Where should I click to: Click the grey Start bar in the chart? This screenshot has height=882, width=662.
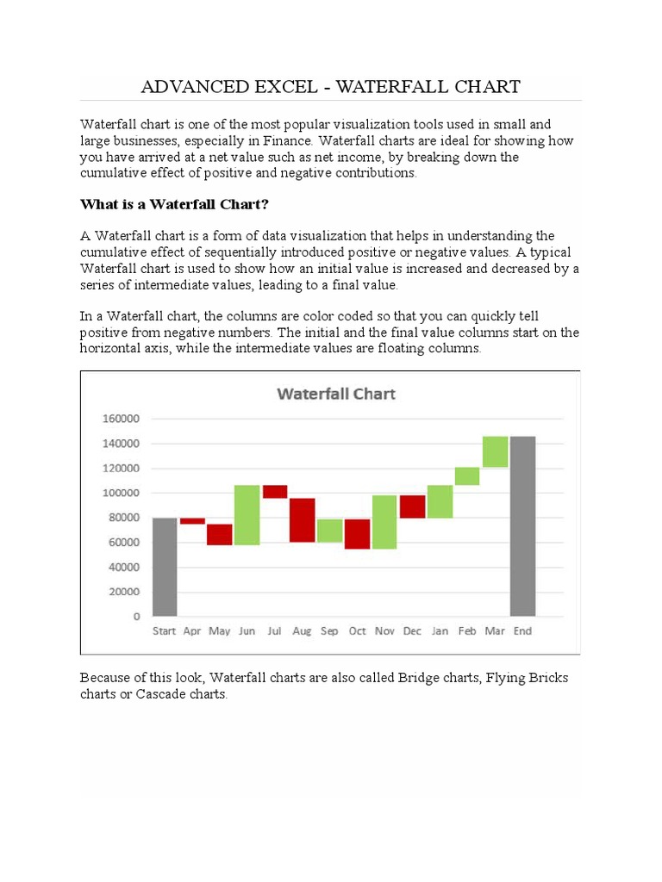point(165,567)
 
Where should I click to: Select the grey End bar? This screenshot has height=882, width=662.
point(522,525)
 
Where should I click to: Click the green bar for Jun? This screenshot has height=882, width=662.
point(247,515)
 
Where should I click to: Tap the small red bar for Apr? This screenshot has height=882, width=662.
point(192,520)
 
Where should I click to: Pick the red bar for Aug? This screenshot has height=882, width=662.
point(302,519)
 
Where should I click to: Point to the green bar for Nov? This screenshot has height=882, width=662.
point(384,522)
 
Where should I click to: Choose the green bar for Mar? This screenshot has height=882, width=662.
point(495,451)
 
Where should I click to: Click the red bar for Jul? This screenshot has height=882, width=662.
point(275,491)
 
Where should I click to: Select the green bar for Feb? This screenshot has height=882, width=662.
point(467,476)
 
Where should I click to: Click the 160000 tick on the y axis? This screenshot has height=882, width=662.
point(121,419)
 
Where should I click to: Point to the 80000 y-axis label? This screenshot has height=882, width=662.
point(123,518)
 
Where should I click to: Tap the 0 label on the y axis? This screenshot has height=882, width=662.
point(136,617)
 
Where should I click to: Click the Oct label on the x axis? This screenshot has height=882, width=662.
point(357,631)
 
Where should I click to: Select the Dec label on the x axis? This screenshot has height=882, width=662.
point(412,631)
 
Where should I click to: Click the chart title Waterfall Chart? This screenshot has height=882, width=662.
point(336,394)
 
